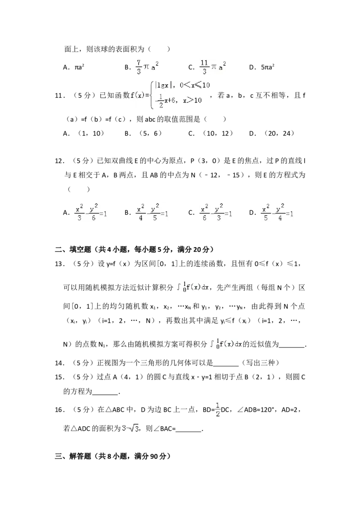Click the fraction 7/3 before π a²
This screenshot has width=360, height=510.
point(139,67)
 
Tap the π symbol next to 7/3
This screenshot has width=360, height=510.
point(147,68)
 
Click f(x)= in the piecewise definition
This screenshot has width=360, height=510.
point(139,95)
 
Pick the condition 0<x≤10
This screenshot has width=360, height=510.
point(194,85)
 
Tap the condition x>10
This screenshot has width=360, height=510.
point(192,100)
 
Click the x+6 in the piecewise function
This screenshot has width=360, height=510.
point(171,101)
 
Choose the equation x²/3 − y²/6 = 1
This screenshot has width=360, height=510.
point(90,212)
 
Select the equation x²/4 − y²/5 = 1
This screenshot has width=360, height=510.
point(152,212)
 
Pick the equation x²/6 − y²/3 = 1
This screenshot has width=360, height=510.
point(216,212)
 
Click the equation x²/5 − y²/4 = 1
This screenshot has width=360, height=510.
point(277,212)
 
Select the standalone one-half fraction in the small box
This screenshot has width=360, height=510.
point(218,409)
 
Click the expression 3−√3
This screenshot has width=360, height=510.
point(130,429)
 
